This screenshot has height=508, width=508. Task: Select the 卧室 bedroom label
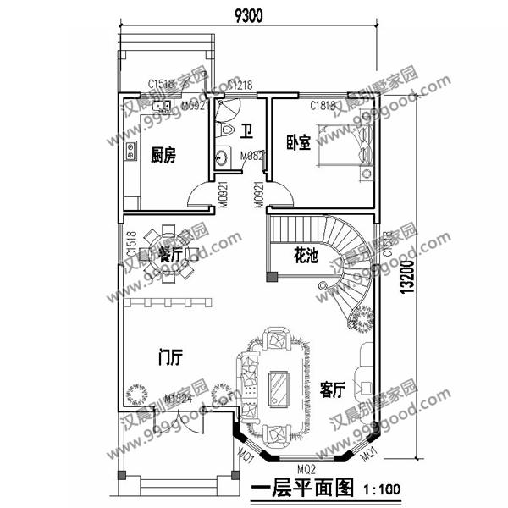298,143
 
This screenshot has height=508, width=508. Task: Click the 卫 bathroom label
246,131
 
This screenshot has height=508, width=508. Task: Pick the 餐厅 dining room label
171,255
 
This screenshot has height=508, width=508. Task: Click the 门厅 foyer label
171,357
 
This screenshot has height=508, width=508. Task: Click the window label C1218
240,86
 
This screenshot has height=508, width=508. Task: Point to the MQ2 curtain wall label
306,467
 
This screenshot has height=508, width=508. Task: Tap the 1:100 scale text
381,489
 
